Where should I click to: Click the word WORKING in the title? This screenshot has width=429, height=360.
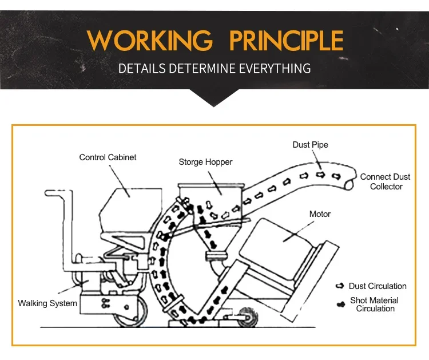click(149, 40)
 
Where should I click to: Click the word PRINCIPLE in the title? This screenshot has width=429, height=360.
click(286, 40)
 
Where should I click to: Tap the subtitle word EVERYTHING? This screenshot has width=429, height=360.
click(275, 68)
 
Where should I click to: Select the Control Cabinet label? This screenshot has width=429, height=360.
click(108, 157)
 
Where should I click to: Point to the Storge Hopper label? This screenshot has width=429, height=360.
click(205, 162)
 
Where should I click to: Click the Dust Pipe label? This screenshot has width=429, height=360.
click(310, 145)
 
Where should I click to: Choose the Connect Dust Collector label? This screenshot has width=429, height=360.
click(385, 181)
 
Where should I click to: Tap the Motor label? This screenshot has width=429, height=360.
click(320, 214)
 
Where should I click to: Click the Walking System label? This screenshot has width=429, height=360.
click(47, 303)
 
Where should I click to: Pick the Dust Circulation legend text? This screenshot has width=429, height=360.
click(378, 286)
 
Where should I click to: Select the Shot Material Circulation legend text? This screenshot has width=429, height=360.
click(375, 304)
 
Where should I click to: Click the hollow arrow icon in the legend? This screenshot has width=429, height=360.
click(340, 286)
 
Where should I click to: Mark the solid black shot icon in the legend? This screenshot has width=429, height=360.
click(341, 304)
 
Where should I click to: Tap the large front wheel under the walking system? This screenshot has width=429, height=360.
click(130, 312)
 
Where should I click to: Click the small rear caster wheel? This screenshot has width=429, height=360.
click(248, 317)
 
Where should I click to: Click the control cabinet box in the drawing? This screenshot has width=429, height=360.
click(132, 210)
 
